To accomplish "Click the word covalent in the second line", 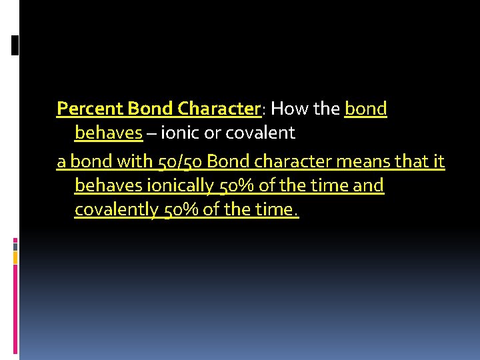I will (259, 133).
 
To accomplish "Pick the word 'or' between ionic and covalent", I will (212, 133).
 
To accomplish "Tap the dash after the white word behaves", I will (152, 134).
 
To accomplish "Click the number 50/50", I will (182, 161).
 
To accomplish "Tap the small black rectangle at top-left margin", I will (15, 45).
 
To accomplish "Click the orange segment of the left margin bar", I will (15, 257).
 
